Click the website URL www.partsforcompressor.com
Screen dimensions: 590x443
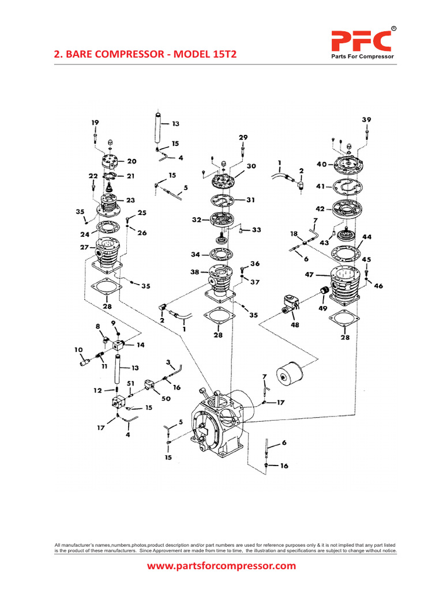click(221, 566)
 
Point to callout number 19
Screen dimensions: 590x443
click(95, 122)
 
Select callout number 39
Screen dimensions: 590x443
click(366, 119)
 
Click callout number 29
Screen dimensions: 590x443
click(243, 137)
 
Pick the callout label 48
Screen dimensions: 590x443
click(295, 324)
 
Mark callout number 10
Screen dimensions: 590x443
click(78, 350)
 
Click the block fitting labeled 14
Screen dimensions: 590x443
click(119, 346)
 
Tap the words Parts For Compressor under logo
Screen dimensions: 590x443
click(361, 56)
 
